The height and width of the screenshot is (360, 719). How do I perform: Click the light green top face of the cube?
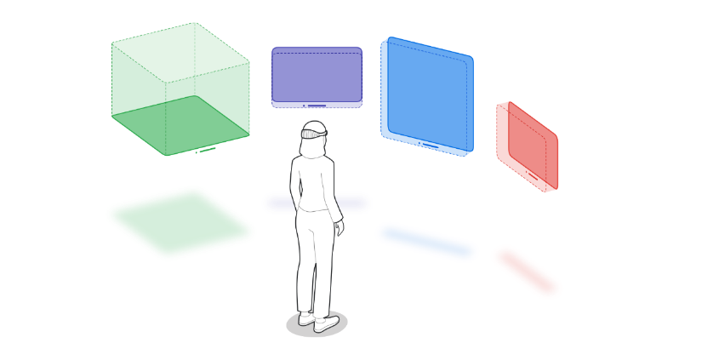[180, 53]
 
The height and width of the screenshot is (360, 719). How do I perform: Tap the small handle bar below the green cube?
[206, 151]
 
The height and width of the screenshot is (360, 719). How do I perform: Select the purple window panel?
[317, 75]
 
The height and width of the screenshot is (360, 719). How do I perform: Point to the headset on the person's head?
[314, 133]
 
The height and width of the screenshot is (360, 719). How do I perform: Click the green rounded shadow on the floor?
[180, 222]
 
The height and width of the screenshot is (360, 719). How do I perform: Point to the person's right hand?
[340, 228]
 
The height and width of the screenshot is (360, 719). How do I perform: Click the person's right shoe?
[327, 323]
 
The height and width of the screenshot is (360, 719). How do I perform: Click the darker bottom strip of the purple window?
[317, 104]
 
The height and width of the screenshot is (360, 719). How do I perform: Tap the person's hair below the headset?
[312, 148]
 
